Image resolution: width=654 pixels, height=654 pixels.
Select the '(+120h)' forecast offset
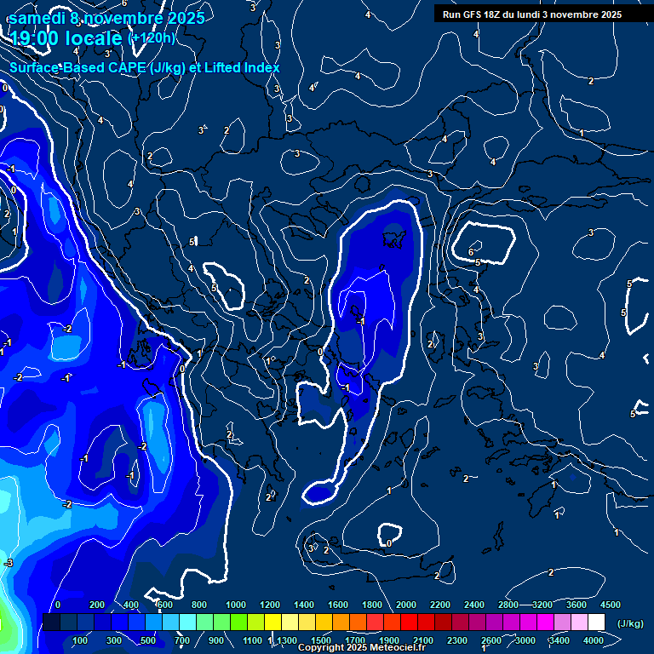point(152,37)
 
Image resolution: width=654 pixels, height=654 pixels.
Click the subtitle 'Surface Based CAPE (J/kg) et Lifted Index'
point(145,67)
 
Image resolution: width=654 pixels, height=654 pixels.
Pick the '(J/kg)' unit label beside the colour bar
point(629,624)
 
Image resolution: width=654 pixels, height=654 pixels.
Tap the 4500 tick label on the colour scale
point(610,605)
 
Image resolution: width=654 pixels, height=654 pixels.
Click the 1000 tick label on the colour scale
point(236,605)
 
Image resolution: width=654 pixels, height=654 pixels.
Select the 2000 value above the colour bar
point(406,605)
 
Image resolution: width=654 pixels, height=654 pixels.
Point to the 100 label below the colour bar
point(81,640)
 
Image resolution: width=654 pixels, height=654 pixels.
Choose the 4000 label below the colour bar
point(594,640)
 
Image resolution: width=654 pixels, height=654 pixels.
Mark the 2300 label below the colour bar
point(456,640)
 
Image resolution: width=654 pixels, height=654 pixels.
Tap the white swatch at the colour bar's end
point(596,622)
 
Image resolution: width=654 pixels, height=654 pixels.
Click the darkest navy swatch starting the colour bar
point(51,622)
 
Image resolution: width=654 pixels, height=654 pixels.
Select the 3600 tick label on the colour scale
point(577,605)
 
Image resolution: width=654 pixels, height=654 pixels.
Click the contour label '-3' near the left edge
point(9,563)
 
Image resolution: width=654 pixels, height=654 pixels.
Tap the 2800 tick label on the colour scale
point(508,605)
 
